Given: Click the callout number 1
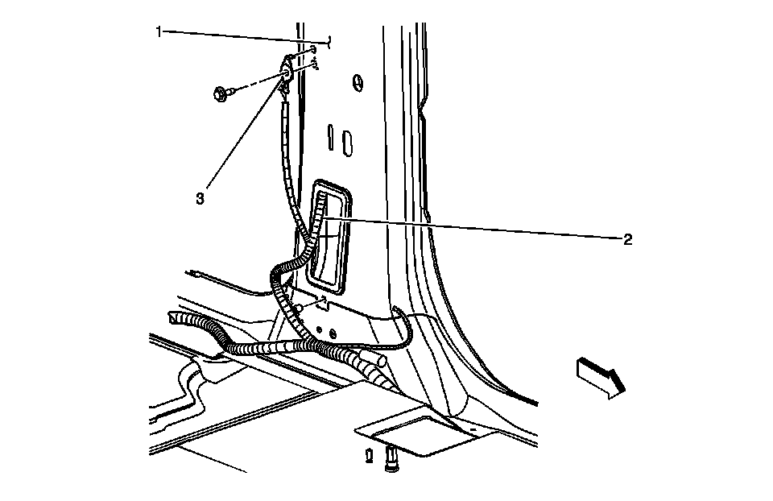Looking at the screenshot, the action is point(159,31).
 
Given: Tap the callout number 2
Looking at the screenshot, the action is point(626,239).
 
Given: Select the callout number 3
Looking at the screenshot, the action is point(200,197).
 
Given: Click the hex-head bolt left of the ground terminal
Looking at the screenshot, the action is point(221,93).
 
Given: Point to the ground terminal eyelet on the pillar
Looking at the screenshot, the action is point(287,76).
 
